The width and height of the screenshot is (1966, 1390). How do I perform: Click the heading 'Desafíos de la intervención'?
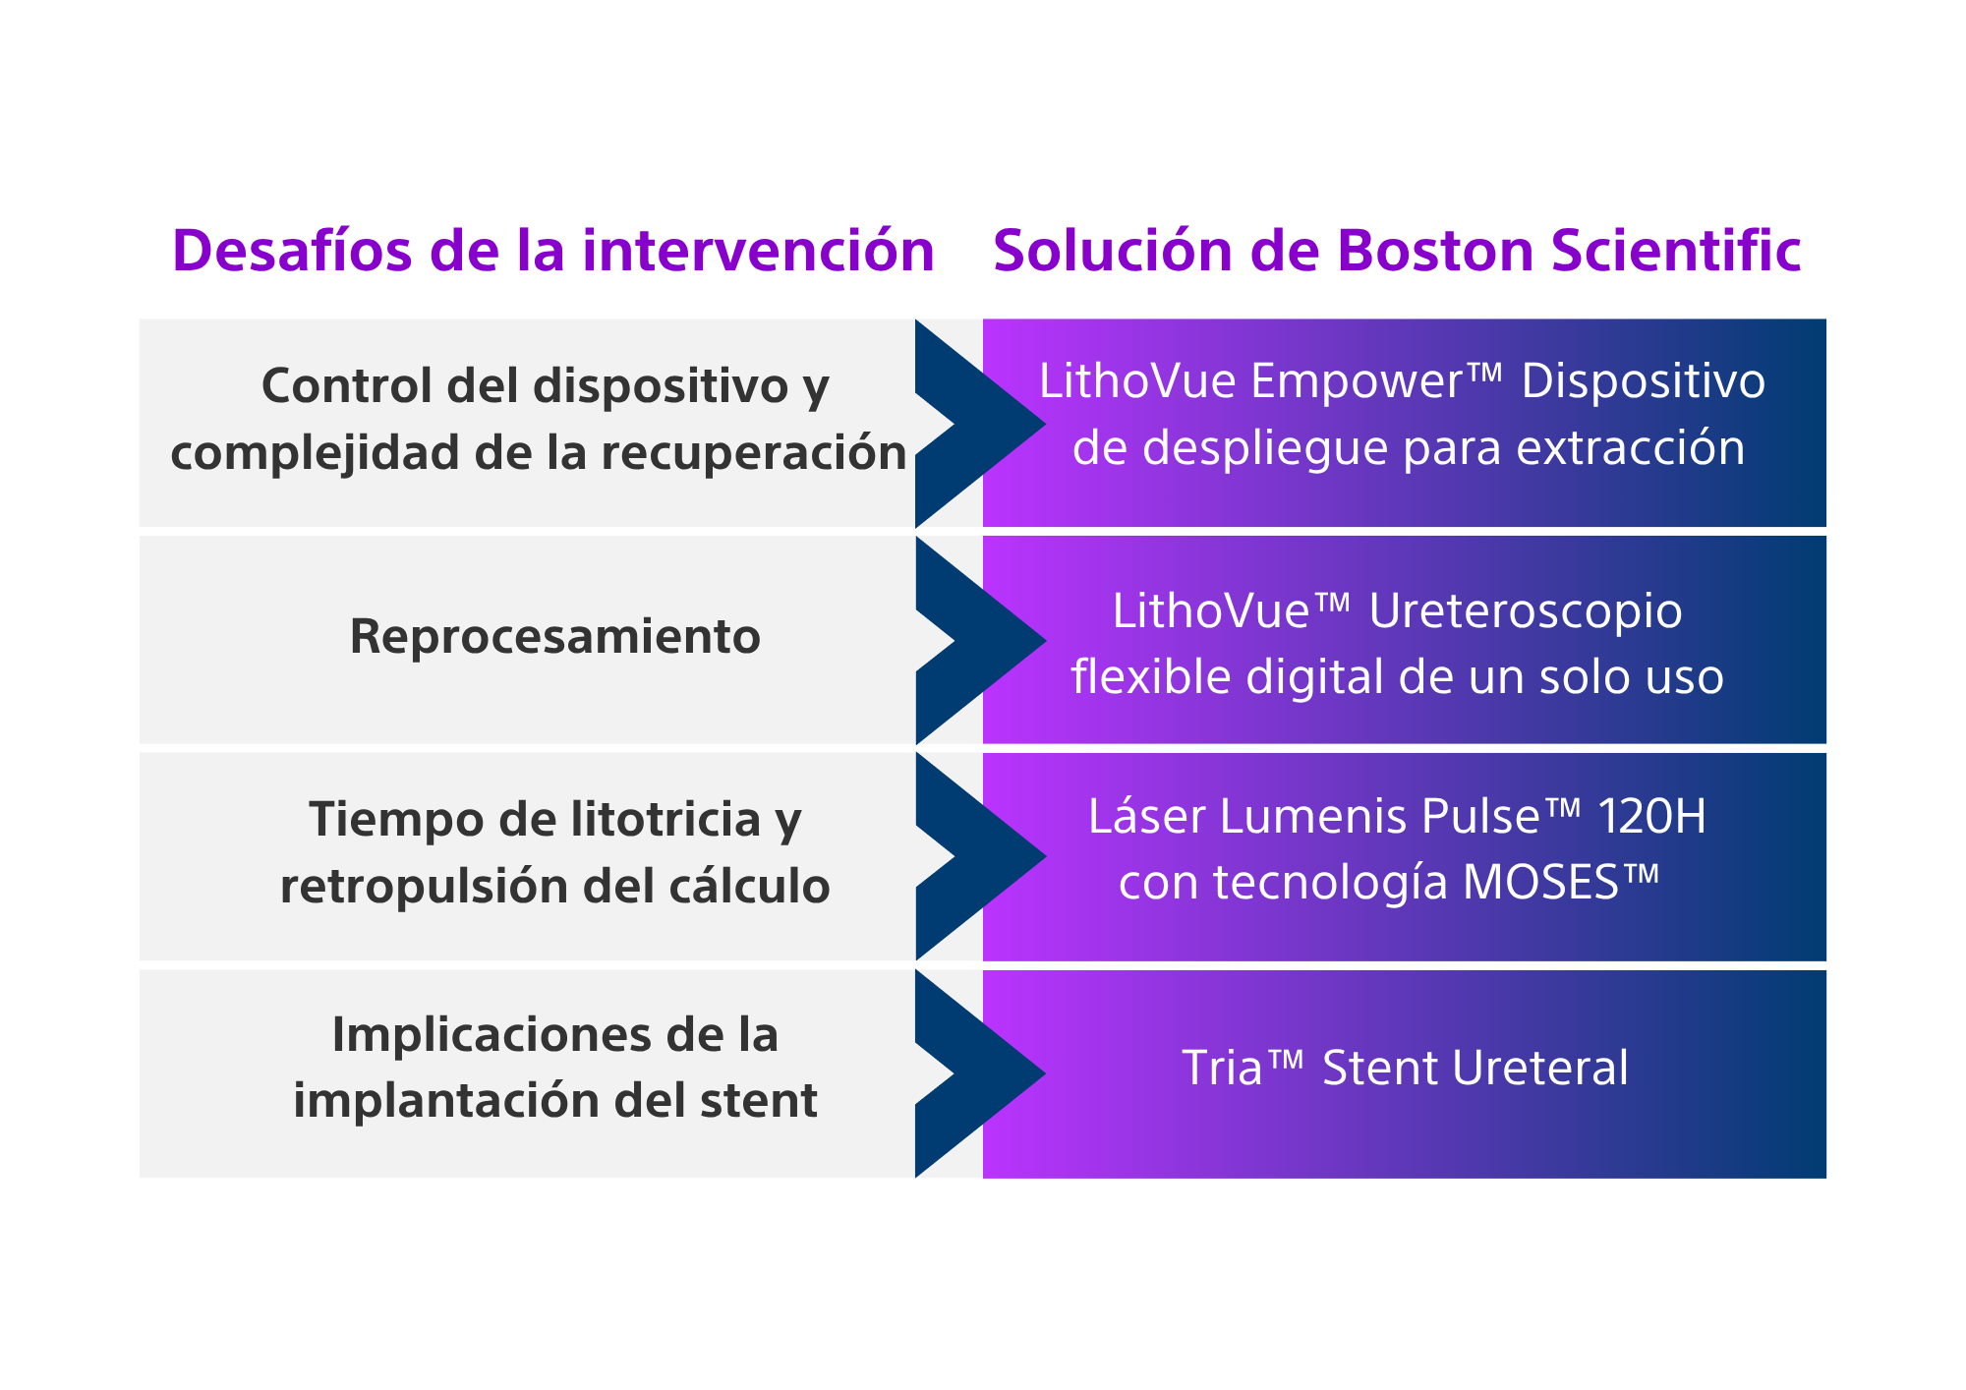pos(552,251)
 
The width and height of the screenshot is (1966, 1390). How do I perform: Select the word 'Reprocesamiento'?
pos(554,636)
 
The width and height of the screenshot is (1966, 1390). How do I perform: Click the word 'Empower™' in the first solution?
pos(1376,381)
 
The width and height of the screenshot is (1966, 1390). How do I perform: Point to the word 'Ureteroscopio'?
pos(1525,610)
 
